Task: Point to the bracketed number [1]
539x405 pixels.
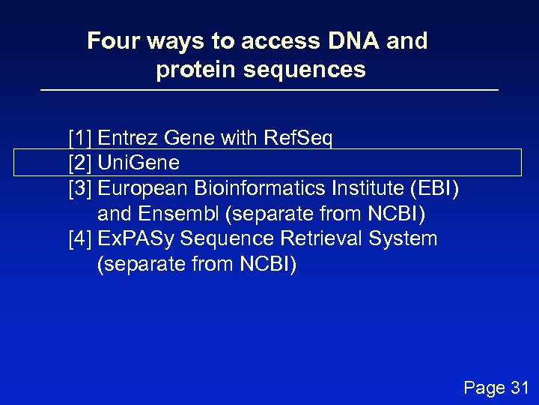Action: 80,138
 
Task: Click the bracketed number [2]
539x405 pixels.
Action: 80,163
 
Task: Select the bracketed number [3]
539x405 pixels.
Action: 80,188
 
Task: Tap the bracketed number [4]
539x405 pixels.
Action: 80,239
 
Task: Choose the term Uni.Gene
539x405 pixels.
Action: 138,163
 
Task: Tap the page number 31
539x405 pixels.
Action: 518,388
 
